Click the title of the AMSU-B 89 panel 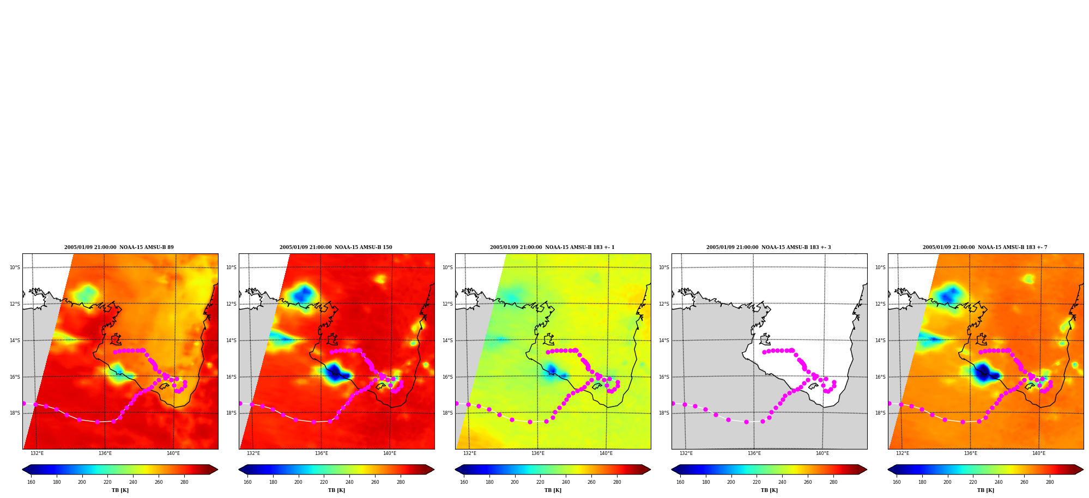coord(119,247)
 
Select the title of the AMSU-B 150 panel coord(336,247)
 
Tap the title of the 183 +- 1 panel coord(552,247)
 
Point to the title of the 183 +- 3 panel coord(769,247)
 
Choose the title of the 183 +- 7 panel coord(985,247)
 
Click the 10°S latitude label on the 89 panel coord(15,268)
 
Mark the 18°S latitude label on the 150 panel coord(231,413)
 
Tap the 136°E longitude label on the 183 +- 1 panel coord(538,453)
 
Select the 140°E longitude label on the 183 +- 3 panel coord(822,453)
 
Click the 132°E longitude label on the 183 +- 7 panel coord(903,453)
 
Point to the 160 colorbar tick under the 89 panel coord(31,482)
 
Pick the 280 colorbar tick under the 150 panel coord(401,482)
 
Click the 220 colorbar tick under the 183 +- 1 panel coord(540,482)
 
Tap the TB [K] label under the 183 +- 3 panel coord(769,490)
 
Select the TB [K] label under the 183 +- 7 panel coord(985,490)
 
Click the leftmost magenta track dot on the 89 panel coord(23,403)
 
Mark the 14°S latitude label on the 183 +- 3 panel coord(664,341)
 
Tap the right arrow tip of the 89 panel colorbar coord(217,470)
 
